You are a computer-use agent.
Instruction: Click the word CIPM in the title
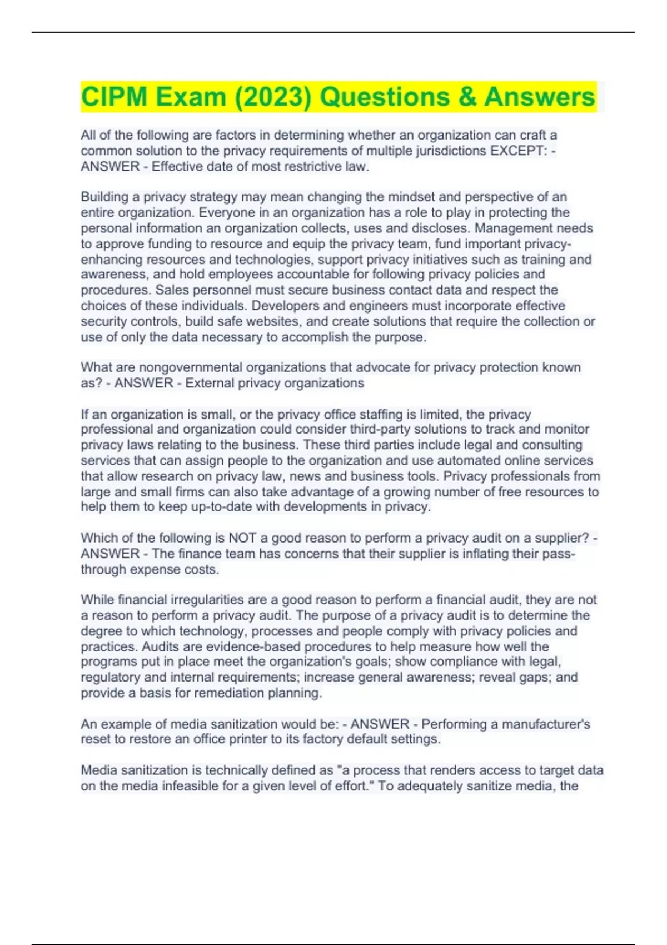coord(115,97)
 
